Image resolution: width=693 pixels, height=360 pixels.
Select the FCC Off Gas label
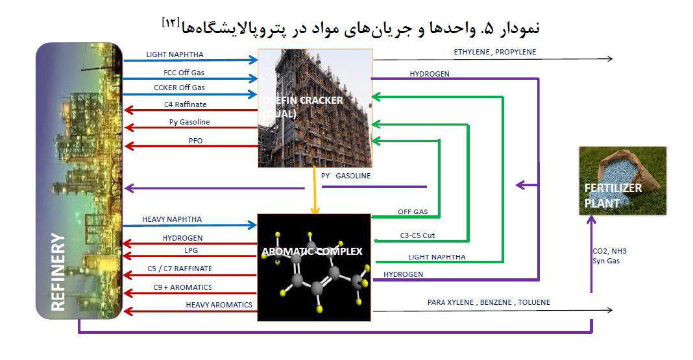pos(184,73)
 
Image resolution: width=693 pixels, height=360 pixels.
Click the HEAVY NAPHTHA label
pos(172,219)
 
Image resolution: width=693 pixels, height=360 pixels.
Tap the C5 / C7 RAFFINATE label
pos(180,269)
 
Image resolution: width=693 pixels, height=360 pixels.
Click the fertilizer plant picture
pos(622,180)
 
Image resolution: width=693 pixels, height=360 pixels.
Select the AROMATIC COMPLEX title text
pos(312,251)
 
